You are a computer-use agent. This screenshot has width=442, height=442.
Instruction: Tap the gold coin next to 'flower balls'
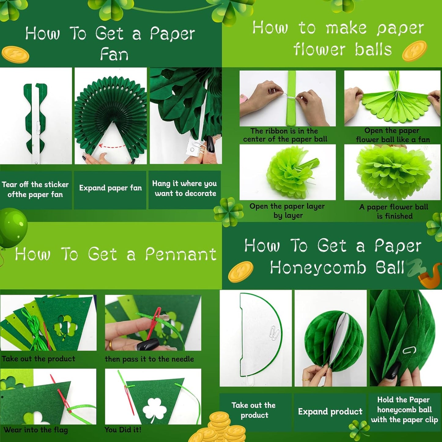coord(414,51)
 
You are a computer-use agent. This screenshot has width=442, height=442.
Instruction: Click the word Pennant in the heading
coord(181,254)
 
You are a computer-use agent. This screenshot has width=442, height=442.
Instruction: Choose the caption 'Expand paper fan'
coord(110,188)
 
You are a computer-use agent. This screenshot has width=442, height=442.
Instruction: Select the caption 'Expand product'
coord(330,411)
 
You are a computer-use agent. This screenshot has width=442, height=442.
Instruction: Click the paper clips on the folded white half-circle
coord(274,331)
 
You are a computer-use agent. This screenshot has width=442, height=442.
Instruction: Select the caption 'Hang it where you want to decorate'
coord(185,188)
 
